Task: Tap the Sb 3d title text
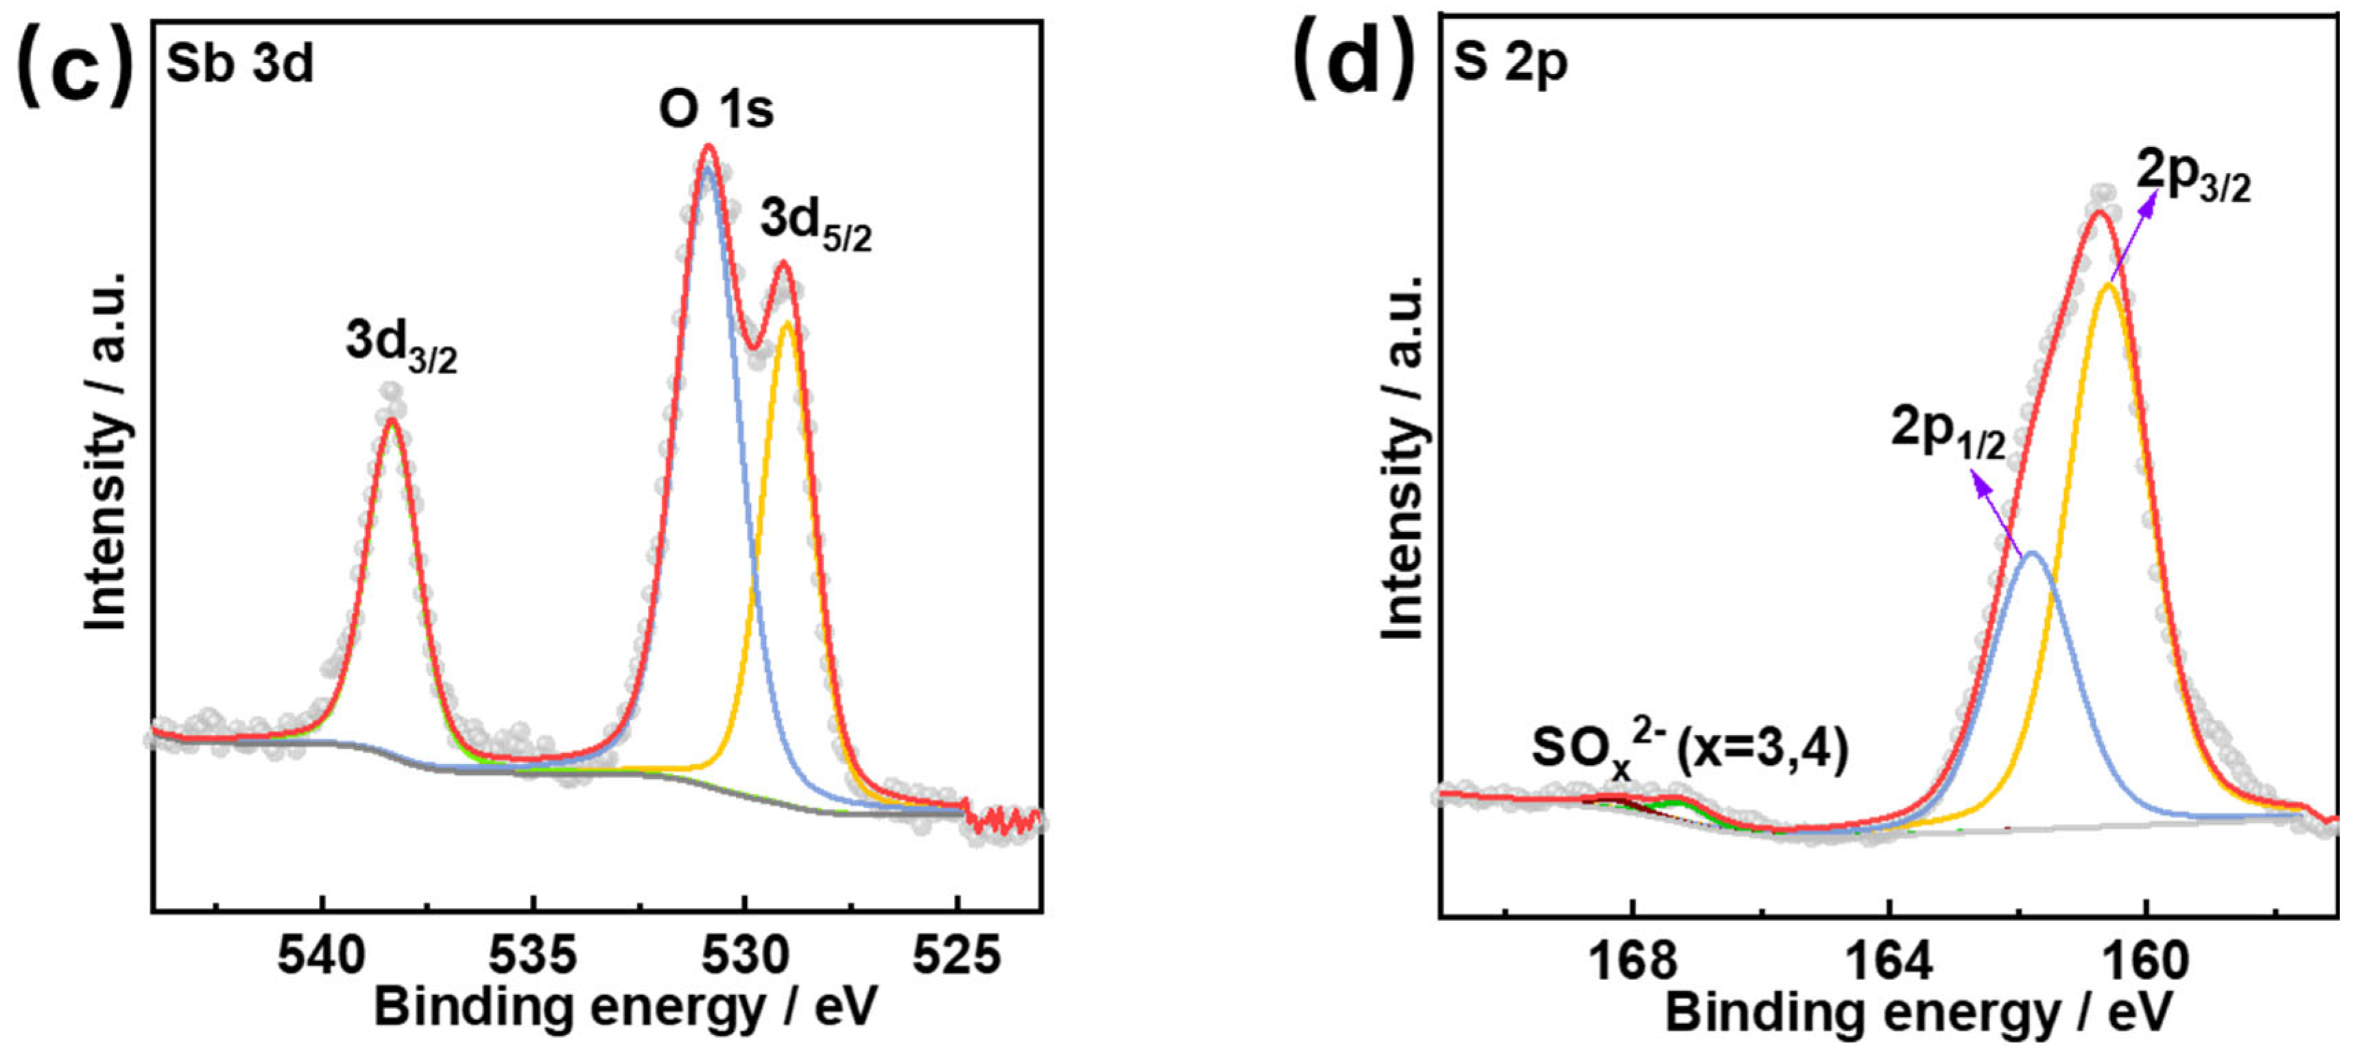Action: tap(239, 64)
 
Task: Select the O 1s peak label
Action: tap(716, 110)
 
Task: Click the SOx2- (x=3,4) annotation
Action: tap(1690, 750)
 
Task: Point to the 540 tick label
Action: tap(321, 957)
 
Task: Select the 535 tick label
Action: tap(533, 957)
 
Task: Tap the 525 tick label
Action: tap(957, 957)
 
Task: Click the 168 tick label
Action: tap(1633, 960)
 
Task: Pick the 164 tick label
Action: tap(1889, 960)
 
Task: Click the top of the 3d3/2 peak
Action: tap(392, 420)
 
